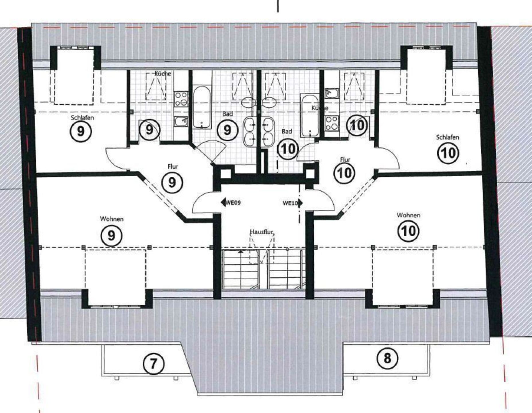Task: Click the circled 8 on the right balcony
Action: (x=387, y=358)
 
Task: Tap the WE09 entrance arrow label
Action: (x=231, y=202)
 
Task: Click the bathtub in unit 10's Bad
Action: (x=310, y=116)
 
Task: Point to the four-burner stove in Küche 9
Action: (x=182, y=99)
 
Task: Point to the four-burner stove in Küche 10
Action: (x=332, y=123)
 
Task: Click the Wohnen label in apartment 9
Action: (x=112, y=219)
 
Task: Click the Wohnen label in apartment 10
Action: (x=408, y=215)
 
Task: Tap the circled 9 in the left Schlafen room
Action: (x=81, y=131)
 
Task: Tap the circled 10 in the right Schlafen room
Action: (x=448, y=153)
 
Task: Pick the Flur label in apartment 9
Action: (x=173, y=166)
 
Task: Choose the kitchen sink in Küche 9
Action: (x=181, y=121)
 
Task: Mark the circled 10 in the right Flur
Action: (x=344, y=173)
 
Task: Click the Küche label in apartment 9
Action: (x=162, y=73)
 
